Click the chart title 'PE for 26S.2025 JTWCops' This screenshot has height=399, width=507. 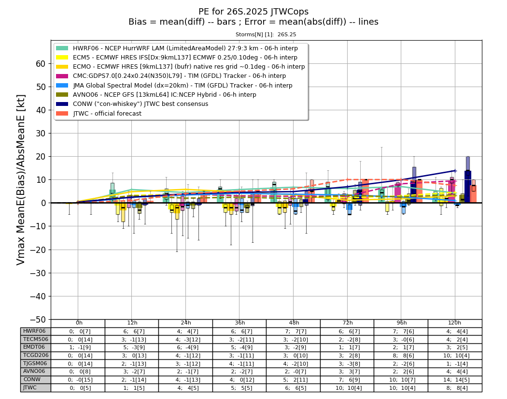pyautogui.click(x=253, y=12)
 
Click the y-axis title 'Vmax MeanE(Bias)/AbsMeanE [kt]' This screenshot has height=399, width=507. pyautogui.click(x=20, y=180)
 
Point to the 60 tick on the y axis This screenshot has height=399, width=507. pyautogui.click(x=41, y=64)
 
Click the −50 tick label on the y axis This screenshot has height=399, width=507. pyautogui.click(x=38, y=319)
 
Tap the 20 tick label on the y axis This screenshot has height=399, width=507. pyautogui.click(x=41, y=157)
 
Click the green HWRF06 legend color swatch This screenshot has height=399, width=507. pyautogui.click(x=62, y=48)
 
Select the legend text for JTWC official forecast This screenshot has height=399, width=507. pyautogui.click(x=107, y=113)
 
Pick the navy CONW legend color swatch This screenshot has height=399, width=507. pyautogui.click(x=62, y=104)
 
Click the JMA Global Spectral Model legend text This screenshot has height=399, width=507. pyautogui.click(x=183, y=86)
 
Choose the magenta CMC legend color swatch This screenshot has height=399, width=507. pyautogui.click(x=62, y=76)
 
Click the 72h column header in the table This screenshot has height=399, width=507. pyautogui.click(x=347, y=323)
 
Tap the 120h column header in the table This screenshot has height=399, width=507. pyautogui.click(x=455, y=323)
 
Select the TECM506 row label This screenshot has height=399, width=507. pyautogui.click(x=36, y=340)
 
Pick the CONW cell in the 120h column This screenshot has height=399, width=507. pyautogui.click(x=455, y=380)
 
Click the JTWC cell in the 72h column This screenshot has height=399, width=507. pyautogui.click(x=347, y=388)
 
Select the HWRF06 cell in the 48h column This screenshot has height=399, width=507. pyautogui.click(x=293, y=331)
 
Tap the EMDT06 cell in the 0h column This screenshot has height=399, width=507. pyautogui.click(x=78, y=348)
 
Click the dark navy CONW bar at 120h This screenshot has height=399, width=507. pyautogui.click(x=467, y=187)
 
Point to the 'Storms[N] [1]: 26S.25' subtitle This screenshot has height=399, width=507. pyautogui.click(x=266, y=34)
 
